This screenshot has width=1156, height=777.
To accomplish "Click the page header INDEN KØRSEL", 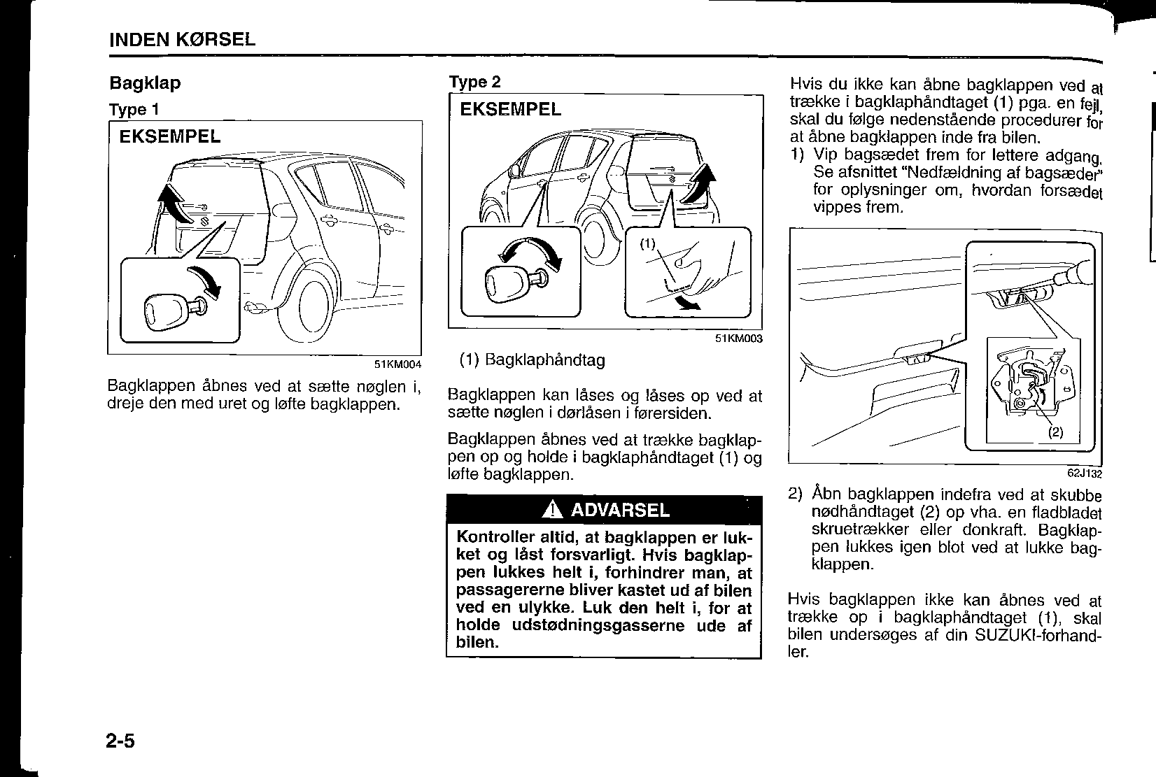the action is click(x=182, y=39).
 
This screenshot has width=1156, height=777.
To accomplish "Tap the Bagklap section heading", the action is click(x=145, y=84).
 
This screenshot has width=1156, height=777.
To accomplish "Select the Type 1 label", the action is click(x=134, y=109).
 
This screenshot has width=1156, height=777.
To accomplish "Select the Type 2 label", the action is click(x=474, y=82).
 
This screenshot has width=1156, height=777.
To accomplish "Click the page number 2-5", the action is click(x=120, y=741).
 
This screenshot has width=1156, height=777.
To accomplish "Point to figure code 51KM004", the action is click(x=397, y=364).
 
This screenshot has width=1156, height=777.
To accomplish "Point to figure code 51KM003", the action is click(x=738, y=338).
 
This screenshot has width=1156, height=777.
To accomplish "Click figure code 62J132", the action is click(x=1084, y=473).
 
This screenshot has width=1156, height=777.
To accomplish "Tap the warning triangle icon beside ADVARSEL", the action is click(x=553, y=510).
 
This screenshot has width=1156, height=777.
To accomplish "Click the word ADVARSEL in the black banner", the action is click(x=620, y=510).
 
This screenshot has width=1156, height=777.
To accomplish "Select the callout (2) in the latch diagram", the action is click(x=1055, y=432).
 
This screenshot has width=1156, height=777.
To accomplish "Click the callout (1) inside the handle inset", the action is click(x=647, y=243).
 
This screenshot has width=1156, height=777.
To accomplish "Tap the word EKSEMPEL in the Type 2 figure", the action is click(x=510, y=109).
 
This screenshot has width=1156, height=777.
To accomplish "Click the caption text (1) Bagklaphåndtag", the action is click(x=532, y=359).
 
